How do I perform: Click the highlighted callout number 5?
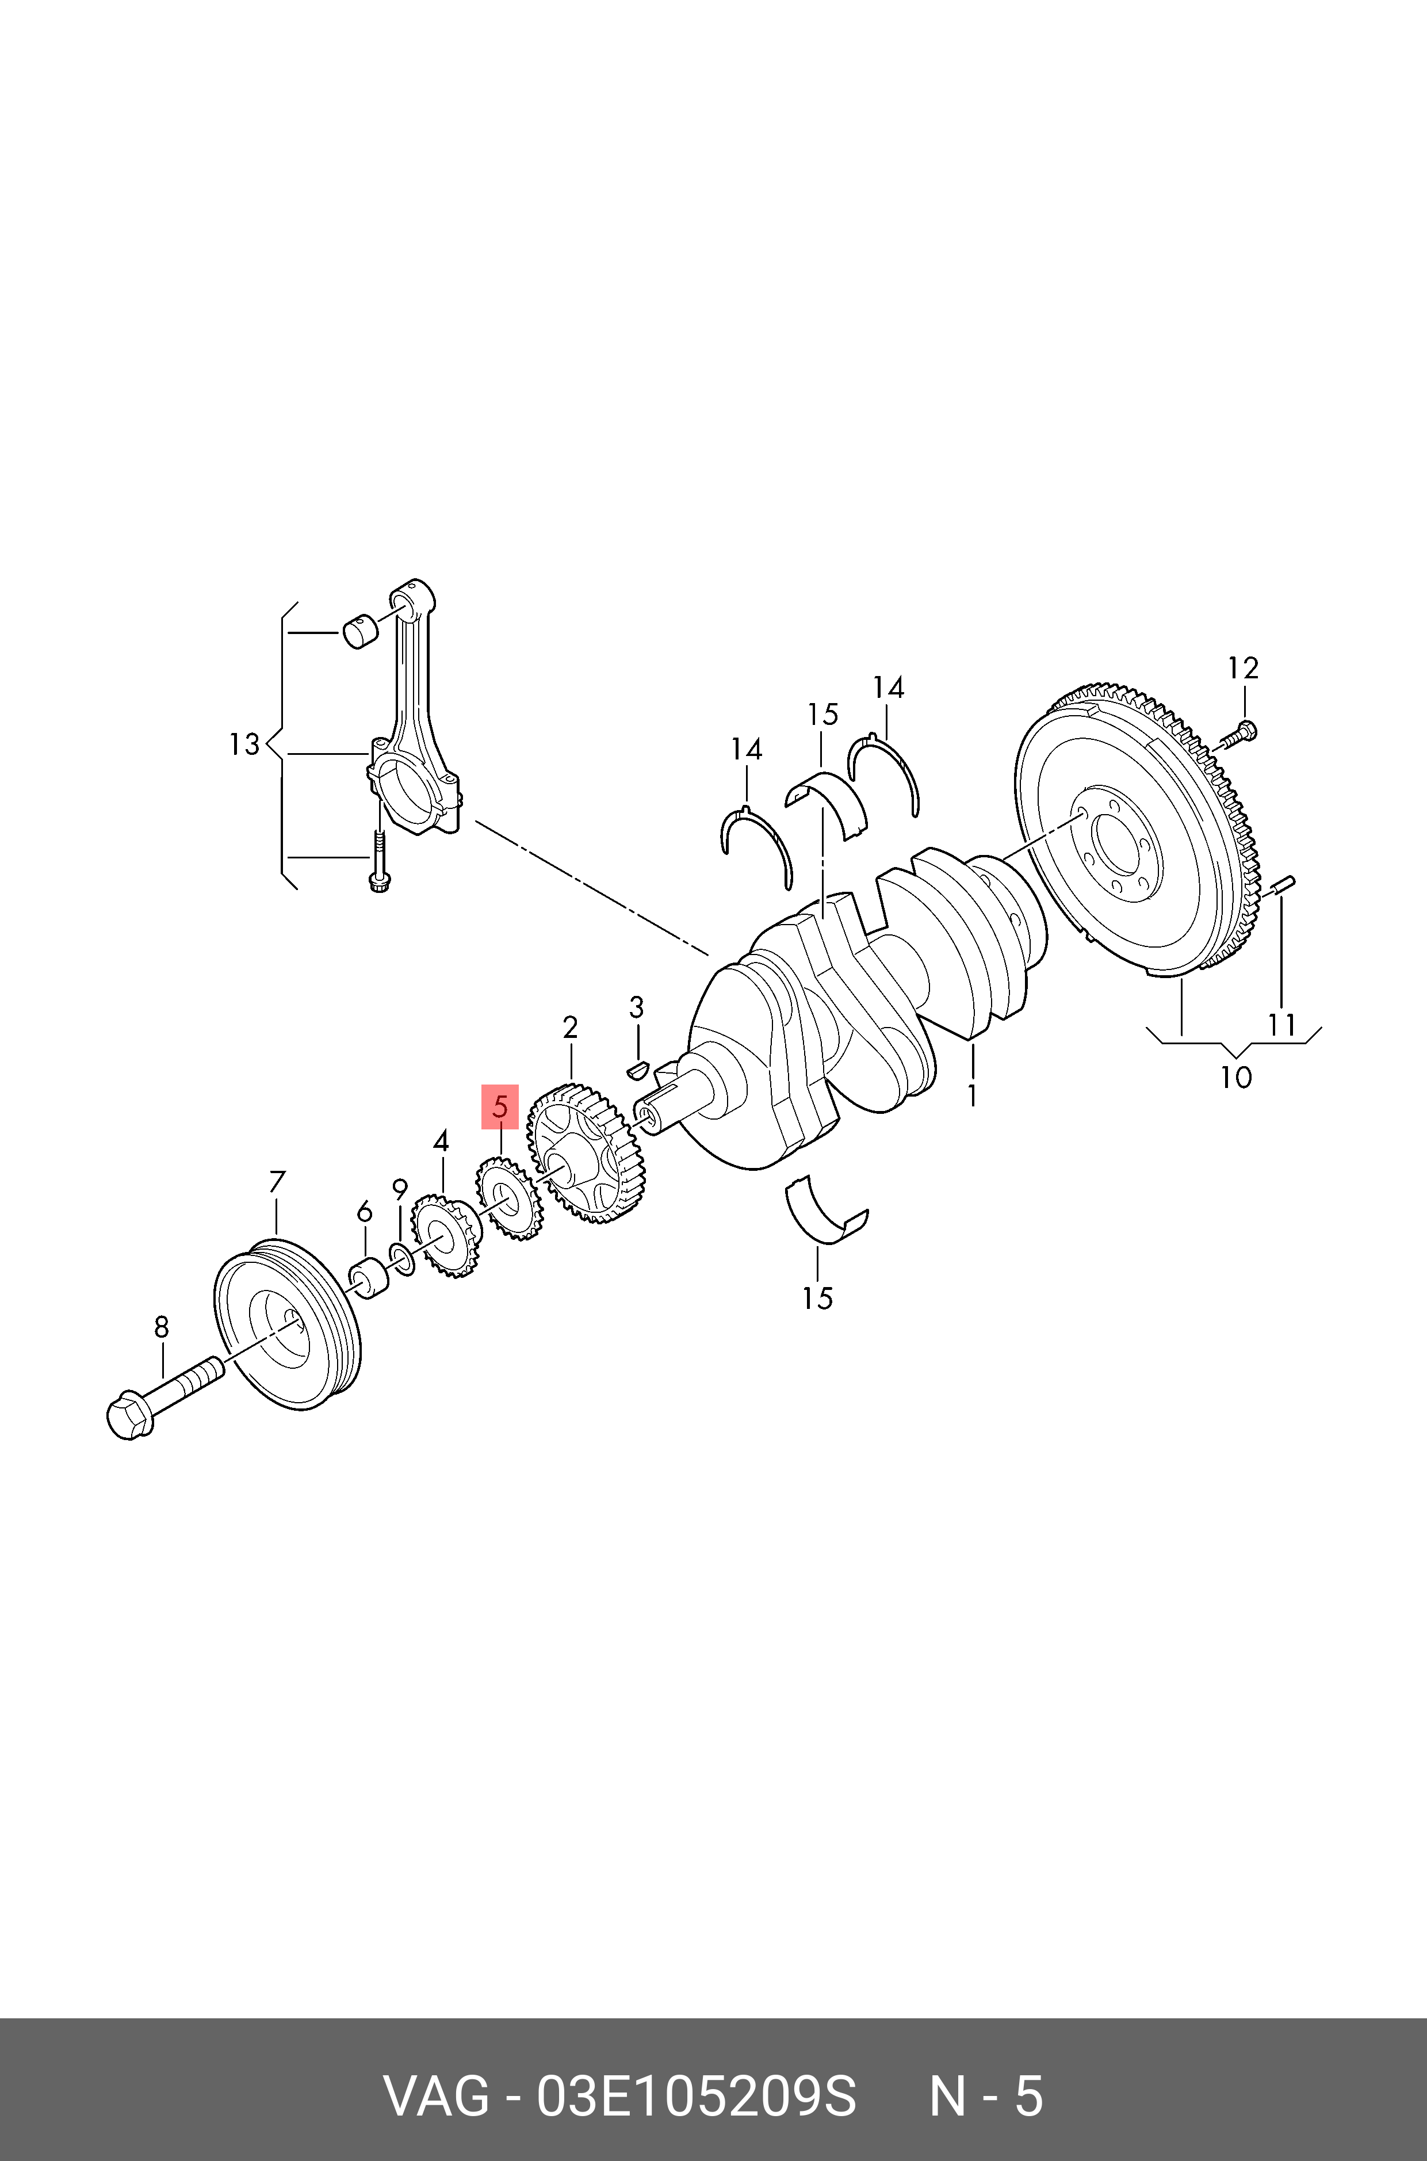pos(500,1107)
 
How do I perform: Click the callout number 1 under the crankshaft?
pos(972,1095)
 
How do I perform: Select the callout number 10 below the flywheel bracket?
pos(1236,1078)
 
